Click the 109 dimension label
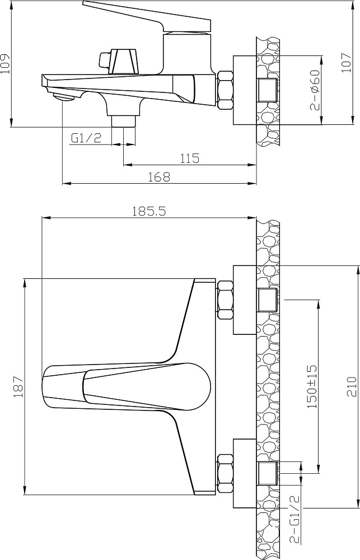4,64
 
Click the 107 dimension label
346,63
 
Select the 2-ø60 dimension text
314,90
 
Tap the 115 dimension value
190,158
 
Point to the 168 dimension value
160,176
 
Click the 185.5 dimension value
149,212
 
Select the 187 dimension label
18,387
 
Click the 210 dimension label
352,387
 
